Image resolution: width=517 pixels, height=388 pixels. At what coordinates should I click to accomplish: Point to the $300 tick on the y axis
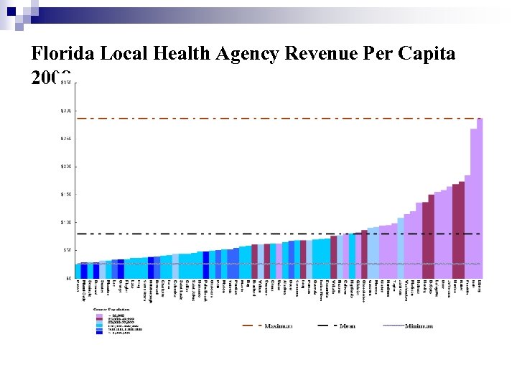point(65,111)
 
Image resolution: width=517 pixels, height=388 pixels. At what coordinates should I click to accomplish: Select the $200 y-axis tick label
point(65,166)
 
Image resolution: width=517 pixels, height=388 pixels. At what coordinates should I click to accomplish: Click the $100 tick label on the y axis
point(65,222)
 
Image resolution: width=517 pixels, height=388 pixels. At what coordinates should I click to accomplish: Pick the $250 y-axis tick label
point(65,138)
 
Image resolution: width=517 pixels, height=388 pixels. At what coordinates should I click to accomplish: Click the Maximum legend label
point(278,325)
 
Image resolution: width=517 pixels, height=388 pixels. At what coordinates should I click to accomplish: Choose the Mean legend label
point(348,325)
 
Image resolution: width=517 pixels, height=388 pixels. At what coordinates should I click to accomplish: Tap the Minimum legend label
point(419,325)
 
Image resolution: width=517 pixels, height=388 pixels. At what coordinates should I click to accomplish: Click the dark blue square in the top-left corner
point(11,11)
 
